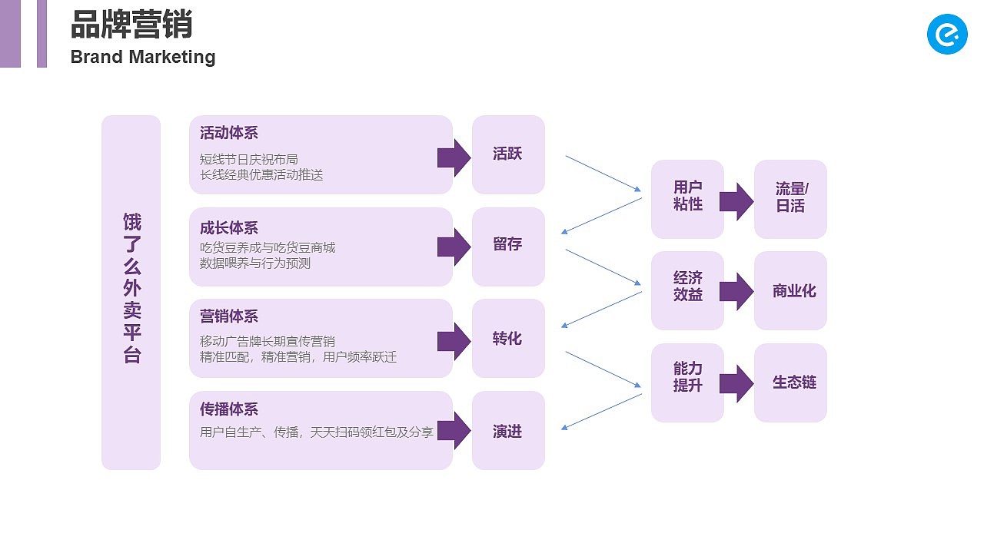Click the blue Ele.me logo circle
point(947,34)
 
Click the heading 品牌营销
point(131,25)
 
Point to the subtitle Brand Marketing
point(143,57)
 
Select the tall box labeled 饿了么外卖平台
point(131,292)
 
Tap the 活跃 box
point(508,154)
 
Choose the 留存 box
point(508,246)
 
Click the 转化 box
point(508,338)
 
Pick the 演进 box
point(508,430)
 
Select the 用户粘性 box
point(687,199)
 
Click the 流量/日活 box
point(790,199)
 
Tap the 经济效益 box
point(687,290)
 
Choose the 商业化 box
point(790,290)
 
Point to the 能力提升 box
point(687,382)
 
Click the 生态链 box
point(790,382)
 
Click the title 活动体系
point(229,134)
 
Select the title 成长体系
point(229,228)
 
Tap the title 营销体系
point(229,316)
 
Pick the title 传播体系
point(229,409)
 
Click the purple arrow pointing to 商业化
point(736,291)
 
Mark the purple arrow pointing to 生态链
point(736,383)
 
